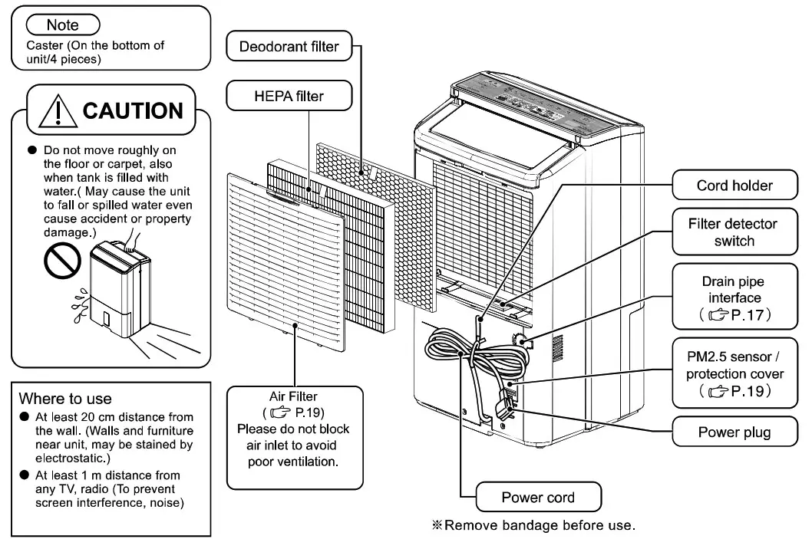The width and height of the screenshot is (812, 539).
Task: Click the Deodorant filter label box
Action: [x=289, y=47]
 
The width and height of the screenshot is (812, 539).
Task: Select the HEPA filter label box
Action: [x=289, y=96]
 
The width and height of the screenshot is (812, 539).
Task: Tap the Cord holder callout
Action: [x=734, y=185]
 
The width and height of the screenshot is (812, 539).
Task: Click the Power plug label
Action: [x=734, y=432]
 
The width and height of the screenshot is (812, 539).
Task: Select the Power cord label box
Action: [x=537, y=498]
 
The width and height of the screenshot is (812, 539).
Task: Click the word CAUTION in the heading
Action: [x=132, y=110]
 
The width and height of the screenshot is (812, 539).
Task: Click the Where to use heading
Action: [x=65, y=399]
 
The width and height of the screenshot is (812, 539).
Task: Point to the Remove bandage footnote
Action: [x=534, y=525]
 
